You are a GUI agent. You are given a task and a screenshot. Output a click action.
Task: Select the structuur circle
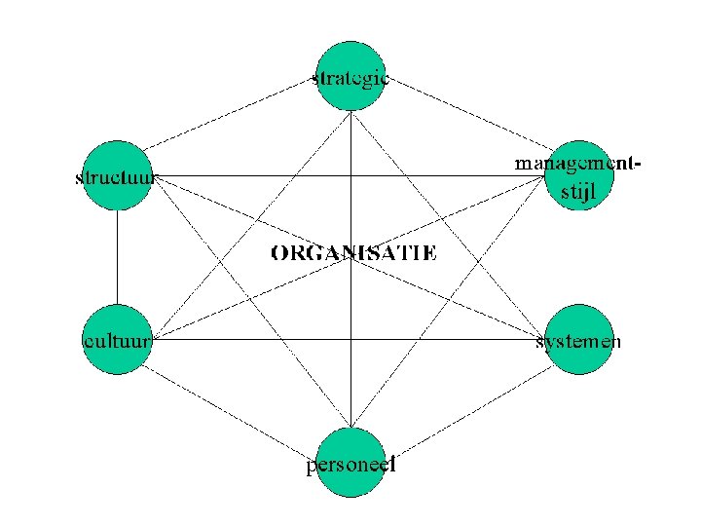pyautogui.click(x=117, y=176)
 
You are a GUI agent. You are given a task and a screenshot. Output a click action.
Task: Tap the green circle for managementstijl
pyautogui.click(x=580, y=176)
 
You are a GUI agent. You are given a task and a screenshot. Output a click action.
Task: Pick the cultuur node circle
pyautogui.click(x=117, y=339)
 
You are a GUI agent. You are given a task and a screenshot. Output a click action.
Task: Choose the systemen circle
pyautogui.click(x=580, y=339)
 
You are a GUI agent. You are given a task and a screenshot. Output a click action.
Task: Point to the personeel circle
pyautogui.click(x=351, y=463)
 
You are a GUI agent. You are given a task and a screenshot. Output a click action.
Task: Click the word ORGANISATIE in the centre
pyautogui.click(x=353, y=253)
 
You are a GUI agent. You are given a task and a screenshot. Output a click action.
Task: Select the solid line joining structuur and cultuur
pyautogui.click(x=117, y=258)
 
